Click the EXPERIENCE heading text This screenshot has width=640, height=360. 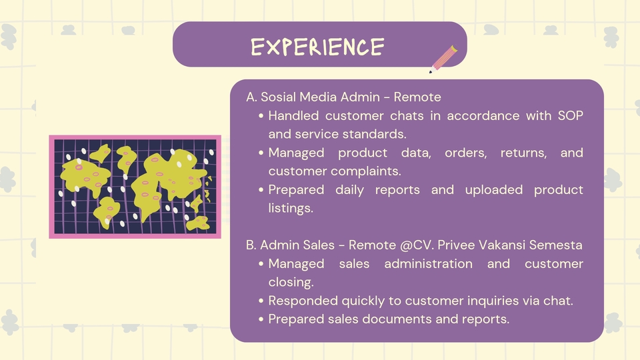317,47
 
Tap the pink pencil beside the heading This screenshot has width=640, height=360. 443,59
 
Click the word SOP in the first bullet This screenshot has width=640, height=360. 570,115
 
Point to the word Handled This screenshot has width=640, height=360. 293,115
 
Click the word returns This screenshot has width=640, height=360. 524,153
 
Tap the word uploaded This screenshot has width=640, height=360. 494,190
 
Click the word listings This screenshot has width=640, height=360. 291,209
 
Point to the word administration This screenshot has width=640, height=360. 428,264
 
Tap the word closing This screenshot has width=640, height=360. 291,283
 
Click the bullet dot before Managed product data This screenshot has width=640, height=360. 261,153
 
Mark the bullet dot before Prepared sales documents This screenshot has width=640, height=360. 261,319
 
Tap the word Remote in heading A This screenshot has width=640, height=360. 417,97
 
